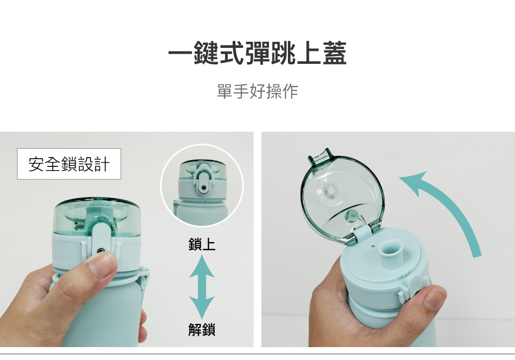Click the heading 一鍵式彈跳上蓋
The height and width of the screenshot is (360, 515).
pos(257,53)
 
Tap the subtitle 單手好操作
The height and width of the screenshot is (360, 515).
pos(257,91)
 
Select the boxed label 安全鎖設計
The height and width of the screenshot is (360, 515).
pos(69,164)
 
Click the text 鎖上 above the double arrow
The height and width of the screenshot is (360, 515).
pos(202,244)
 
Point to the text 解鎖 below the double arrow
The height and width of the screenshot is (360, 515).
pos(202,330)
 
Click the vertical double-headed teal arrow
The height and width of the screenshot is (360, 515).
pos(202,287)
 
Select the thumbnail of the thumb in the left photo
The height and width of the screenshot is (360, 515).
pos(104,264)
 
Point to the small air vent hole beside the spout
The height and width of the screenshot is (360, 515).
pos(373,245)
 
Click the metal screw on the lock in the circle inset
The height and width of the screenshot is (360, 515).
pos(204,187)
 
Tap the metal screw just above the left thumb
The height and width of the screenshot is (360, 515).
pos(100,251)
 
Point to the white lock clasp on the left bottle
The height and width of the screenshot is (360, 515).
pos(100,240)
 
